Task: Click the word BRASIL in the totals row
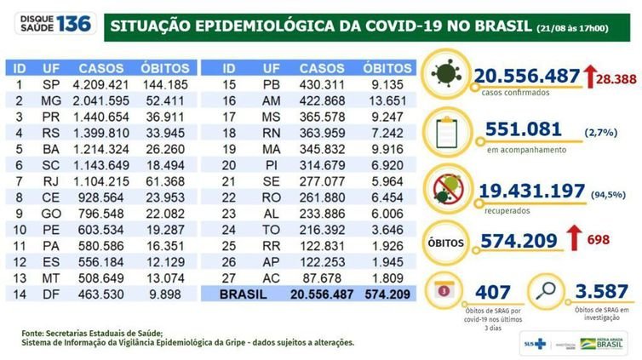pyautogui.click(x=244, y=294)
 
